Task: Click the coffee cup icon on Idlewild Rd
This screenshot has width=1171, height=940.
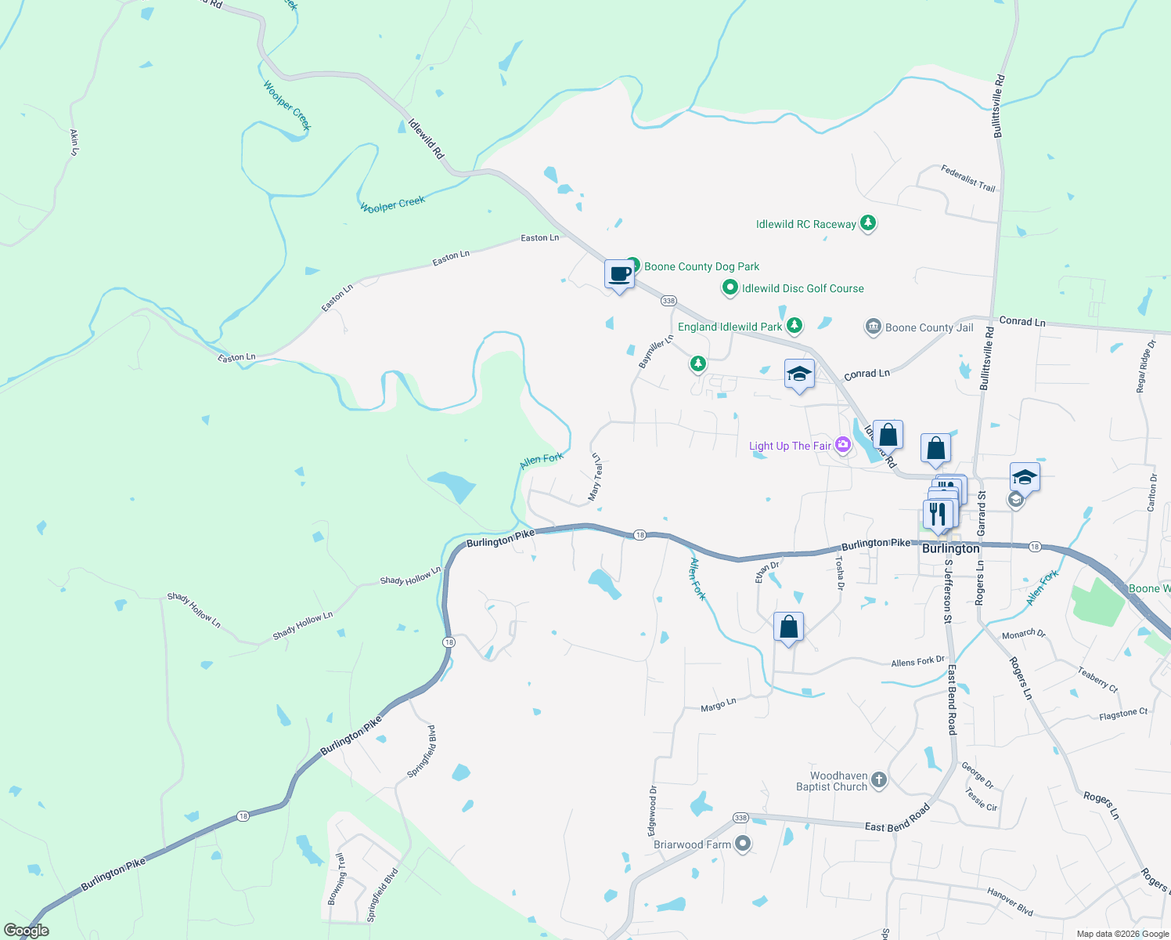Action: (619, 274)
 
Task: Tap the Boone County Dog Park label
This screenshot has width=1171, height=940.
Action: (701, 266)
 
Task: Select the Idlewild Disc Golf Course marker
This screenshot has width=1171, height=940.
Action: (730, 288)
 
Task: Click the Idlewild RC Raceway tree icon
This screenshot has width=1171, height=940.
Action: (867, 223)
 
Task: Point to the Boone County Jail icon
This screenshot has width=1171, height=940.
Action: (873, 327)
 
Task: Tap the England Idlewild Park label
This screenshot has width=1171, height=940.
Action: (730, 327)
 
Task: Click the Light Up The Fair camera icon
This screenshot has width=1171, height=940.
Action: (842, 445)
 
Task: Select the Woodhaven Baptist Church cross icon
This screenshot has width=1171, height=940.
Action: (879, 779)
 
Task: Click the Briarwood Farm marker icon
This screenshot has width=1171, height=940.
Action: (743, 844)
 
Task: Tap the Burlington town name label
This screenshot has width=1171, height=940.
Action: (950, 548)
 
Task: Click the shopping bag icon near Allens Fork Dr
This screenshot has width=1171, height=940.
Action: (788, 627)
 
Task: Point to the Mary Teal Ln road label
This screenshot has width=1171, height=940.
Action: (596, 477)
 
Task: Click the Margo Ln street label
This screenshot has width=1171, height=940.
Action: (718, 705)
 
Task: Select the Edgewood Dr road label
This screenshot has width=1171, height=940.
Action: (653, 811)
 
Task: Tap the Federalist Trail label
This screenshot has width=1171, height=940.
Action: (968, 179)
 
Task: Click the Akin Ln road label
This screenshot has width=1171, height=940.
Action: (74, 142)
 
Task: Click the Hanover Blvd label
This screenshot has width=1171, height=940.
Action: (1010, 902)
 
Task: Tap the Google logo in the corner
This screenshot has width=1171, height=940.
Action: (27, 931)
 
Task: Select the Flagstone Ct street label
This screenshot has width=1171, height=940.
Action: (1122, 714)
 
